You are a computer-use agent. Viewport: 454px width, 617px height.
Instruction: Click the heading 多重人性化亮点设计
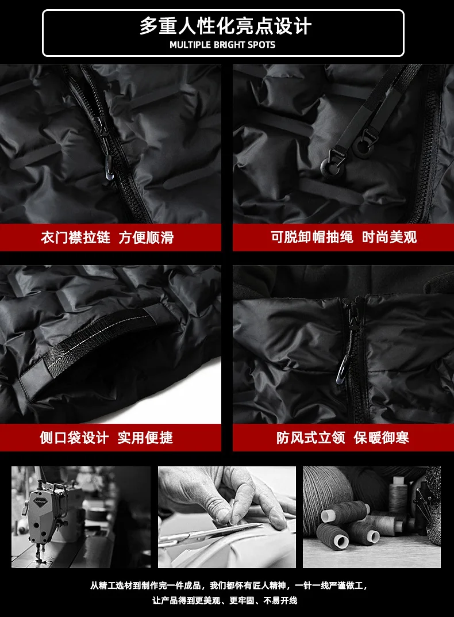[x=226, y=26]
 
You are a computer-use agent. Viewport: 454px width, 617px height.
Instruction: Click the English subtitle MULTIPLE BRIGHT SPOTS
[x=222, y=45]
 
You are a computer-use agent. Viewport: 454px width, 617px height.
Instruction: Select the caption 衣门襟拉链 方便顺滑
[x=107, y=237]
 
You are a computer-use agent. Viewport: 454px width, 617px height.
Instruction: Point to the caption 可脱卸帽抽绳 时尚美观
[x=344, y=237]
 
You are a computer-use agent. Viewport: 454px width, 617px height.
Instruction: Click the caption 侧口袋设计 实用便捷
[x=106, y=438]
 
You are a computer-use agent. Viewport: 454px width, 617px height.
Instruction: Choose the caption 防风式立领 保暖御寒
[x=343, y=437]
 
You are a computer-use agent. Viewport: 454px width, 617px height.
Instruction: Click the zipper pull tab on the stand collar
[x=343, y=370]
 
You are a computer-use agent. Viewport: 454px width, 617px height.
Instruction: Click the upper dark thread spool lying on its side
[x=346, y=512]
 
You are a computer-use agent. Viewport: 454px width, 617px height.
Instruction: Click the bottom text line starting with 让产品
[x=225, y=600]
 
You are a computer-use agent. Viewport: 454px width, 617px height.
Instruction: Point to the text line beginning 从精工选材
[x=229, y=585]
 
